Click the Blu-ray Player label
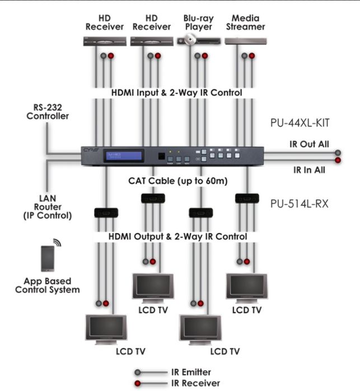click(x=198, y=22)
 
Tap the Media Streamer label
click(x=246, y=22)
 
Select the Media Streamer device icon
click(x=245, y=41)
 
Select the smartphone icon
click(x=48, y=258)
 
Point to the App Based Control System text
click(x=48, y=285)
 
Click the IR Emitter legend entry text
click(x=191, y=371)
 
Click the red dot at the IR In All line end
click(x=338, y=160)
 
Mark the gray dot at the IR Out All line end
click(x=338, y=153)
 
